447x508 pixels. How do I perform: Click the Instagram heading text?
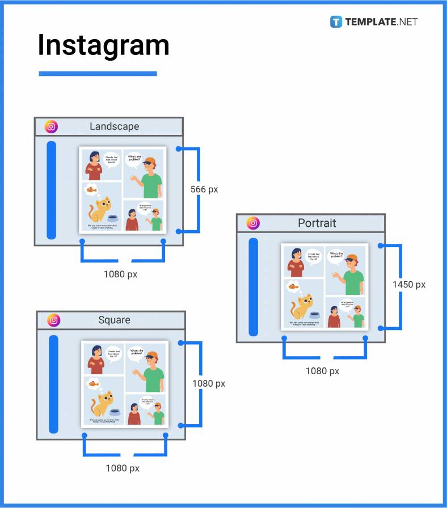tap(103, 45)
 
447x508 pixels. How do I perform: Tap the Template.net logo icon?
tap(336, 22)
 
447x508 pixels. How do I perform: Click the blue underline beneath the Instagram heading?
tap(98, 73)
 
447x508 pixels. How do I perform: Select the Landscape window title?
tap(114, 126)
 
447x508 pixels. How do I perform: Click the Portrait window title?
tap(317, 223)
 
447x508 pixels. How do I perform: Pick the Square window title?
tap(114, 320)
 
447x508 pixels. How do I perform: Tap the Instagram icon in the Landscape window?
tap(52, 126)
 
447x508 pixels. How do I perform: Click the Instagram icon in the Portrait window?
tap(253, 223)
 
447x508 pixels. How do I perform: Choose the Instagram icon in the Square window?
tap(54, 320)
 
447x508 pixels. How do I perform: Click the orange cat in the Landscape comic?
tap(100, 210)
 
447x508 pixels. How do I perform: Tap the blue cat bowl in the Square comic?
tap(115, 412)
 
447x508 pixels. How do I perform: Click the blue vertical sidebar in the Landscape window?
tap(52, 189)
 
